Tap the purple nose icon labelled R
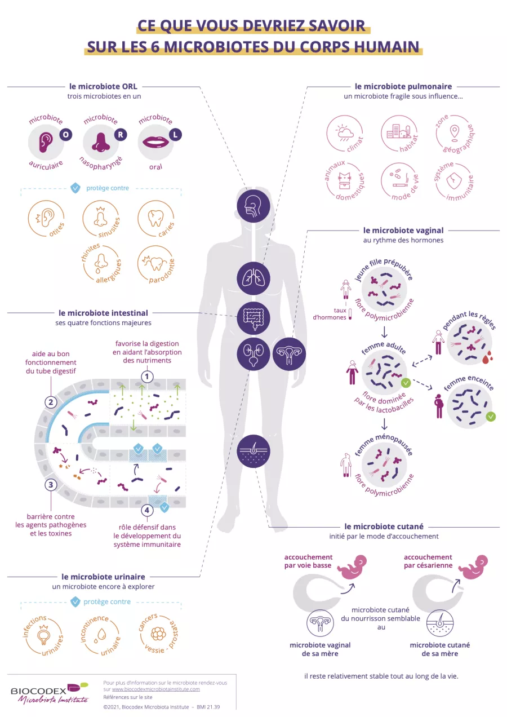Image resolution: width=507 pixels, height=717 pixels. [x=101, y=141]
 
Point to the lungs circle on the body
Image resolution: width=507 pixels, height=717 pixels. [x=253, y=278]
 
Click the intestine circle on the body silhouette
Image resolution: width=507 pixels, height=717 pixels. [x=253, y=318]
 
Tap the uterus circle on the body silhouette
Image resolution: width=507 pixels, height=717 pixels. [x=289, y=355]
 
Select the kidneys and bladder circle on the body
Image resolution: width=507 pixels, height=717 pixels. [x=253, y=355]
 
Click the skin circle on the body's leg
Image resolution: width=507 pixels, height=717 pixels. [x=253, y=451]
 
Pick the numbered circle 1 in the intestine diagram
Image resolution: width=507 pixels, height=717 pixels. [x=146, y=376]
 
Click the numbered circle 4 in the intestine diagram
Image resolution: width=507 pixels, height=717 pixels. [x=146, y=511]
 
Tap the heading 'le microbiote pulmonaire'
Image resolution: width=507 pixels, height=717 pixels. [x=403, y=87]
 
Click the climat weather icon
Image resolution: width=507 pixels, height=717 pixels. [x=344, y=133]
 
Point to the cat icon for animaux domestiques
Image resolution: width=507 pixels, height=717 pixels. [x=344, y=180]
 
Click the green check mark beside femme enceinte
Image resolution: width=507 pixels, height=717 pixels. [x=491, y=417]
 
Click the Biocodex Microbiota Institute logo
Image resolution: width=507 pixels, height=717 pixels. [x=50, y=692]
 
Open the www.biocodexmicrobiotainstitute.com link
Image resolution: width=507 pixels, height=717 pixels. [x=156, y=689]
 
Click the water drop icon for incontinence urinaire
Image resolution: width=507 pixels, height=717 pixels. [x=101, y=635]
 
